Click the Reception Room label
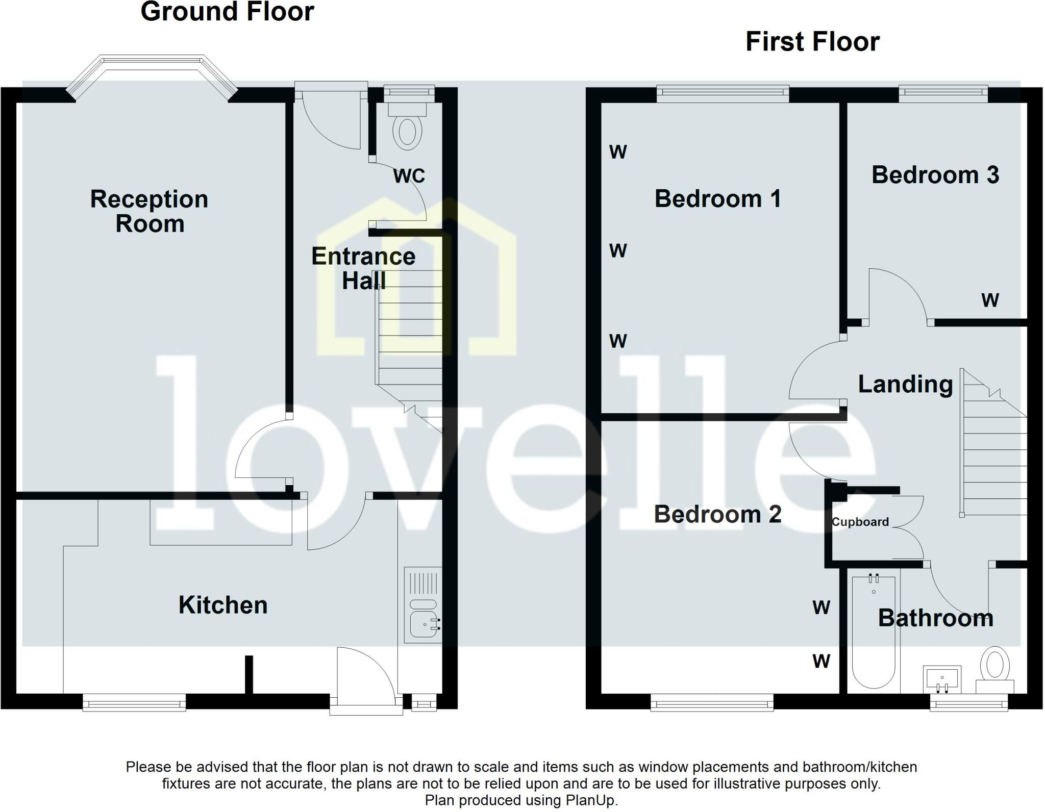pyautogui.click(x=149, y=211)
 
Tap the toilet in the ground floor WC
pyautogui.click(x=407, y=131)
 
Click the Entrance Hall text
pyautogui.click(x=363, y=268)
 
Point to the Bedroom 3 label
pyautogui.click(x=935, y=175)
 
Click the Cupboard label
pyautogui.click(x=860, y=522)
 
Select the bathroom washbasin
pyautogui.click(x=942, y=679)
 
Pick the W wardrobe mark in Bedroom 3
pyautogui.click(x=990, y=300)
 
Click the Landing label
pyautogui.click(x=905, y=384)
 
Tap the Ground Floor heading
pyautogui.click(x=227, y=12)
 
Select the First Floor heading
pyautogui.click(x=812, y=41)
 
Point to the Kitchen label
pyautogui.click(x=222, y=605)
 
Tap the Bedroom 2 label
pyautogui.click(x=717, y=514)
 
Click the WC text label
pyautogui.click(x=409, y=176)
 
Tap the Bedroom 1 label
pyautogui.click(x=717, y=198)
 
